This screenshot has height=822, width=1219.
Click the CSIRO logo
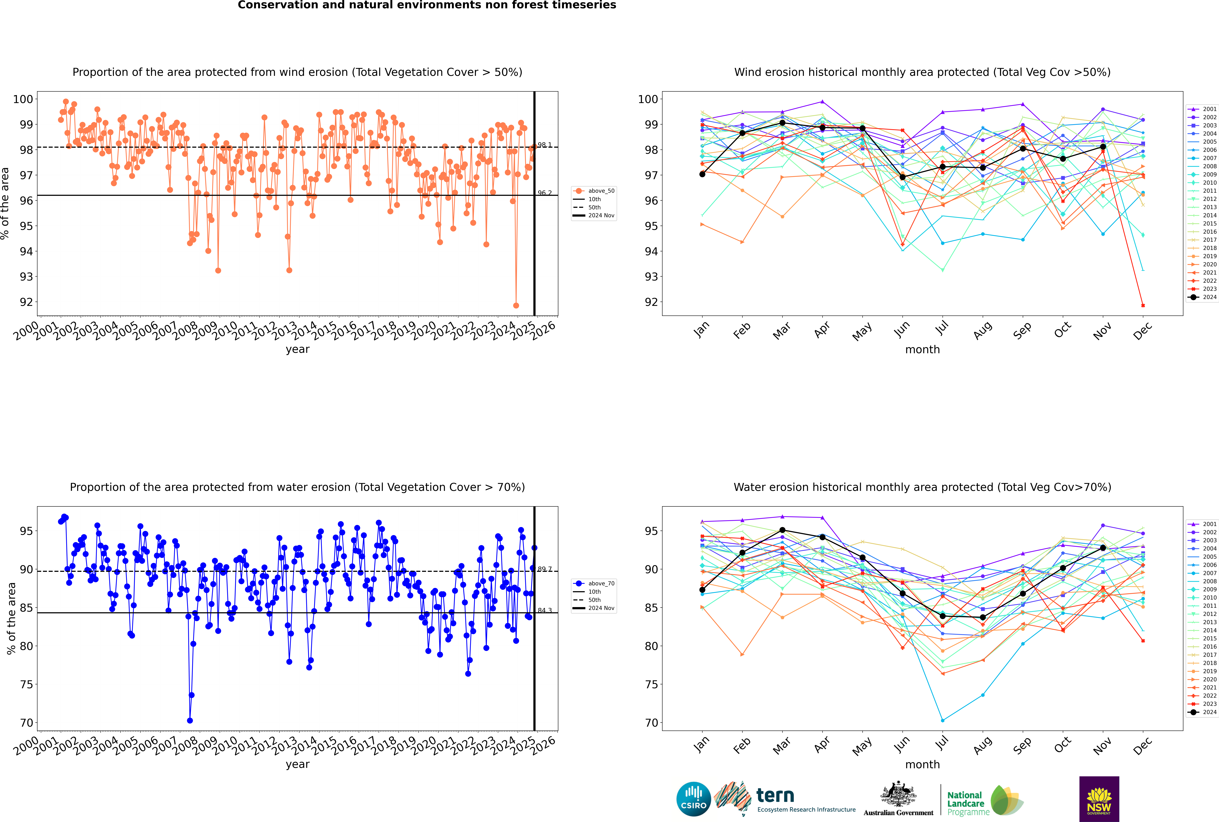click(693, 799)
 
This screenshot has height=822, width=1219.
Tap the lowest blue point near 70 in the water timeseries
click(190, 720)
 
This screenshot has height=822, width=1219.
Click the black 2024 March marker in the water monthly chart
click(782, 530)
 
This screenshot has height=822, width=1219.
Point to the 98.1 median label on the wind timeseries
click(545, 145)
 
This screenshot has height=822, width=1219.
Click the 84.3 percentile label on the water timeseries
click(545, 610)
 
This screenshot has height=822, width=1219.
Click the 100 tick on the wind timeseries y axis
click(23, 99)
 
